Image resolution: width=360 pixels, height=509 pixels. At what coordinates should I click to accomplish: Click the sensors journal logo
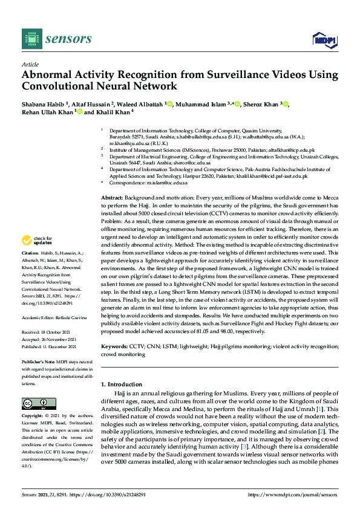(57, 39)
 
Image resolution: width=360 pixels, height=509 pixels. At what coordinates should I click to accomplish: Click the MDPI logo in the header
(325, 39)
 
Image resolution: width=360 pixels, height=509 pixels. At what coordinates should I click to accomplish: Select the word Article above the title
(30, 64)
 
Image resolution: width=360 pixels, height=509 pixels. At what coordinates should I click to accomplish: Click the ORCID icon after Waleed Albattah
(171, 104)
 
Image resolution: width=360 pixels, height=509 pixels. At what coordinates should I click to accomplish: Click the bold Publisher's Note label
(39, 361)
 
